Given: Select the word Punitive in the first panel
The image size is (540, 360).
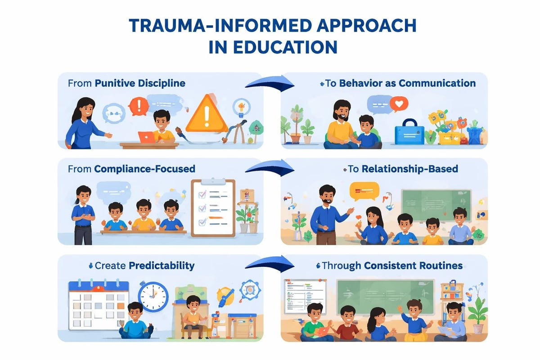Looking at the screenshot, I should tap(114, 84).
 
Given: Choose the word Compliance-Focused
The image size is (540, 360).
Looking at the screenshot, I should tap(144, 169).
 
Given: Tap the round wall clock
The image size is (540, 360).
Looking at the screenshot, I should tap(153, 297).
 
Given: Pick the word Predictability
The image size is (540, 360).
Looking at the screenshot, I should tap(162, 265).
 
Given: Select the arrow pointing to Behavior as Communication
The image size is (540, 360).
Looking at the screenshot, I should tap(270, 83).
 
